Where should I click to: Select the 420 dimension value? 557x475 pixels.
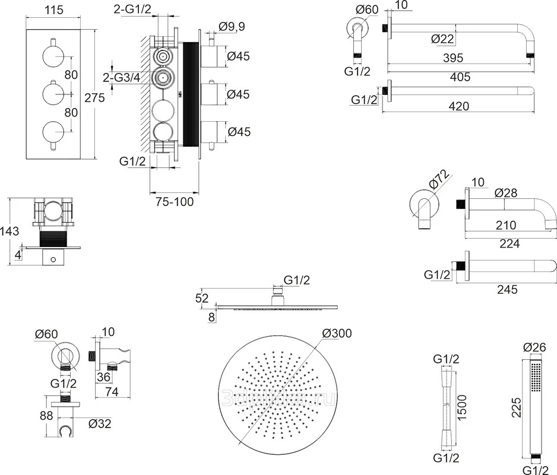click(458, 106)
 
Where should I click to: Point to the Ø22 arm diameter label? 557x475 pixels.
click(444, 39)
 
